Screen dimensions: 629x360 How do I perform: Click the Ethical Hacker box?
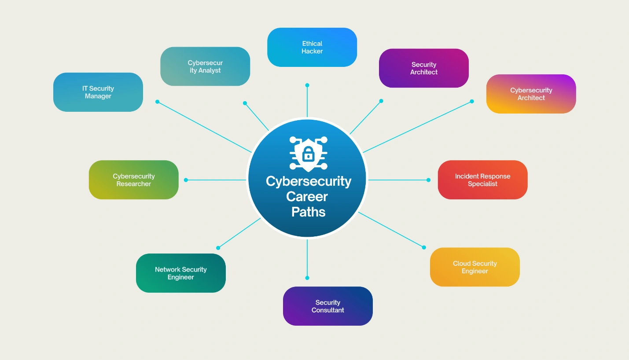point(312,47)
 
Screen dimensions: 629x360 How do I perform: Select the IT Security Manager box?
point(98,92)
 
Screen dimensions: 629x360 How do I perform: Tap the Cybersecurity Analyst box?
point(205,66)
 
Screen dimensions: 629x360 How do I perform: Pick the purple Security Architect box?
point(424,68)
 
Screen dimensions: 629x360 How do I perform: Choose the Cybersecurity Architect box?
point(531,94)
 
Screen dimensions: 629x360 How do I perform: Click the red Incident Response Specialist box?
point(482,180)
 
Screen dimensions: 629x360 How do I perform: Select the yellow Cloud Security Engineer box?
point(475,267)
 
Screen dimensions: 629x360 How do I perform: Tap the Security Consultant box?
point(327,306)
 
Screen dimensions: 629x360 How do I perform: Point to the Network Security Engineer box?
point(180,273)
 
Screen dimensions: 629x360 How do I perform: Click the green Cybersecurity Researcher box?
point(134,180)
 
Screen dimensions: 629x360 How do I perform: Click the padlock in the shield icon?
point(308,154)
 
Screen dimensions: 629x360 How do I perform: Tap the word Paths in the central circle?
point(308,212)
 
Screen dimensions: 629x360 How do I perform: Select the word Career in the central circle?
point(307,197)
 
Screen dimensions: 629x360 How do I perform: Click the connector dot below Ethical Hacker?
point(307,85)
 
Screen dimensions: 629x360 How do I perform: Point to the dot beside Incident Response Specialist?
point(428,180)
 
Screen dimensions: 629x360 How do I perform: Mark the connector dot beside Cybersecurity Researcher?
point(186,180)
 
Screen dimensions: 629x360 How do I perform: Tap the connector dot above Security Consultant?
point(307,278)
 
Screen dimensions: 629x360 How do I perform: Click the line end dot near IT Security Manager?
point(157,102)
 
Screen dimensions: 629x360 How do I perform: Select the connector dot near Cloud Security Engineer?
point(424,247)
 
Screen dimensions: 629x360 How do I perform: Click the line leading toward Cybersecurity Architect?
point(417,127)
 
